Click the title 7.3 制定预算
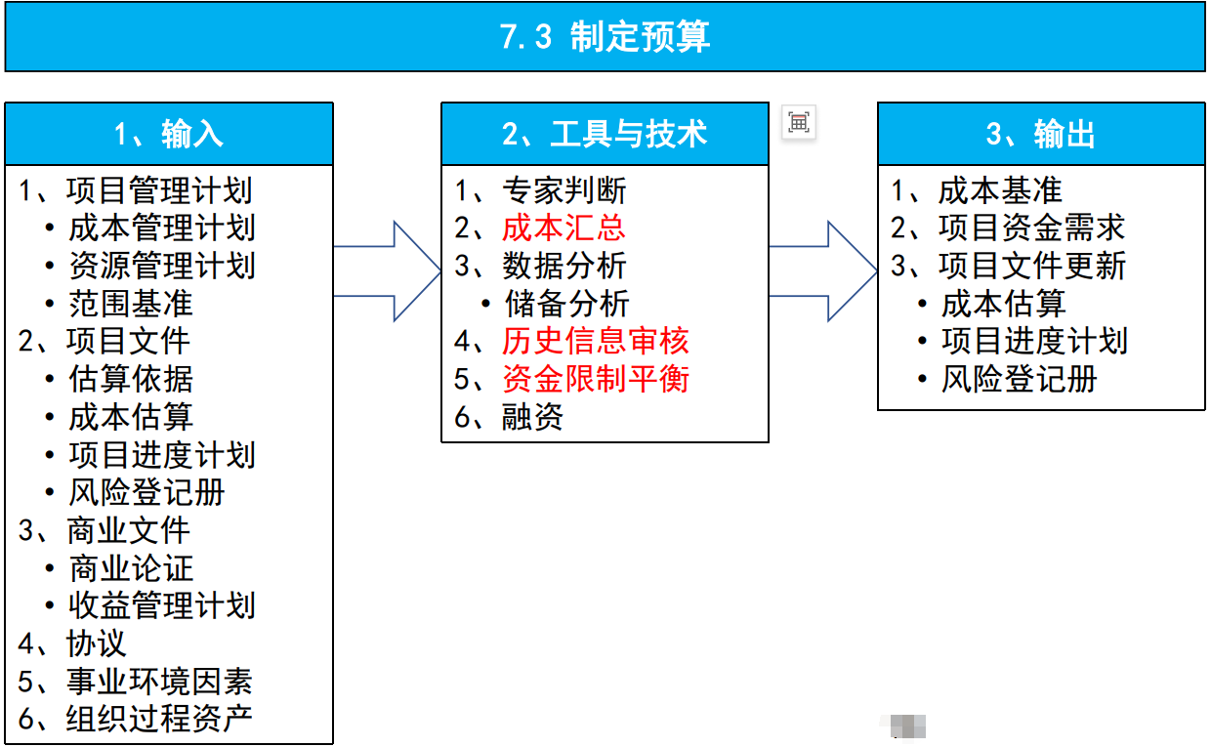point(605,37)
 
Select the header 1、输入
point(169,134)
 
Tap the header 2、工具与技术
point(605,134)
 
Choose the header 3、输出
point(1041,134)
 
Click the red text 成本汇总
point(564,228)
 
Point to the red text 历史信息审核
point(596,341)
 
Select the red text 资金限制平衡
point(596,379)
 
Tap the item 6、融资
point(510,417)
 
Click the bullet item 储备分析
point(566,304)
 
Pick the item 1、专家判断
point(541,190)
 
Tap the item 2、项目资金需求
point(1008,228)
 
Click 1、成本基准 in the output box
point(977,190)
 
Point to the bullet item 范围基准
point(130,304)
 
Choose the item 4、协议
point(73,643)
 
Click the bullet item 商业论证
point(130,568)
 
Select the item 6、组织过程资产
point(137,719)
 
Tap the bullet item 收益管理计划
point(161,605)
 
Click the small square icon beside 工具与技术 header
point(799,122)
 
